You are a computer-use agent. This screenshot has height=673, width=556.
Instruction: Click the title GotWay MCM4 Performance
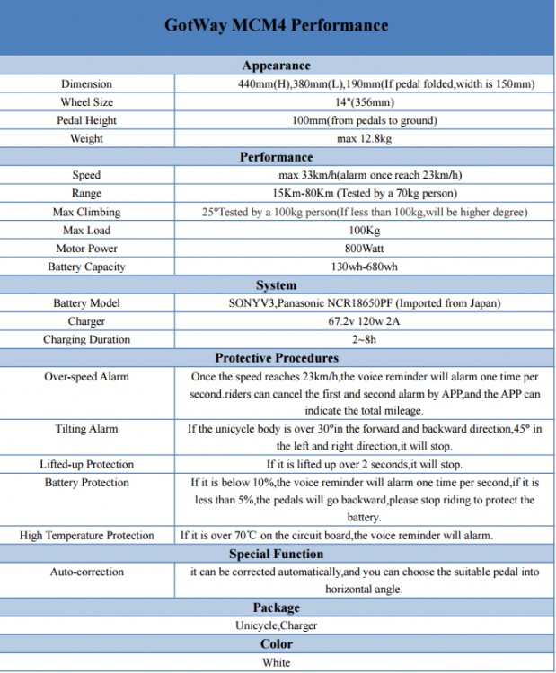[277, 26]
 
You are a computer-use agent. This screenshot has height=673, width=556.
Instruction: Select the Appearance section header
[277, 66]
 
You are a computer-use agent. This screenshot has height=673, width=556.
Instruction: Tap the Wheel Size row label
[86, 102]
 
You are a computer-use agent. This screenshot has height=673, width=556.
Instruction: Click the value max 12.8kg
[364, 139]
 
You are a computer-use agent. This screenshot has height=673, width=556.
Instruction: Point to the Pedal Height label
[86, 120]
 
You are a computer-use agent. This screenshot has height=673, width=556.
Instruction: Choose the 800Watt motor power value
[364, 249]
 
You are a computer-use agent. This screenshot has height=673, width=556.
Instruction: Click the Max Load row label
[86, 231]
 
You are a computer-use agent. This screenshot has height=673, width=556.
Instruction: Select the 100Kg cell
[364, 231]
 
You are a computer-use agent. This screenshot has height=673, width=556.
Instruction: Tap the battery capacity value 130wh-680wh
[364, 267]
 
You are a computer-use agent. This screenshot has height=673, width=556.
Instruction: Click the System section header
[277, 285]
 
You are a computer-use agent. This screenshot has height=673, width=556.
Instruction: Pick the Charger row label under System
[86, 321]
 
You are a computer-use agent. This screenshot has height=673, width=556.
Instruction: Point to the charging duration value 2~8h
[364, 340]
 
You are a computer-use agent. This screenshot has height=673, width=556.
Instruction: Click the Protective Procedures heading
[277, 358]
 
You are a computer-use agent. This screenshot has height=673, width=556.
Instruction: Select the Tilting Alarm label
[86, 429]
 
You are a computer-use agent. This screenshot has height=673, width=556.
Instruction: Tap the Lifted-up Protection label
[86, 465]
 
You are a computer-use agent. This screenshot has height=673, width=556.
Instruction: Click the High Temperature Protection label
[86, 536]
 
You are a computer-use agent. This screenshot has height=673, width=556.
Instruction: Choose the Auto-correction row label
[86, 572]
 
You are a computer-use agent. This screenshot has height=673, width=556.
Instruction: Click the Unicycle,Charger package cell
[277, 625]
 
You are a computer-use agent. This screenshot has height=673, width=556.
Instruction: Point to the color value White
[277, 662]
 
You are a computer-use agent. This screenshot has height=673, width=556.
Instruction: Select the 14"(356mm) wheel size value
[364, 102]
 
